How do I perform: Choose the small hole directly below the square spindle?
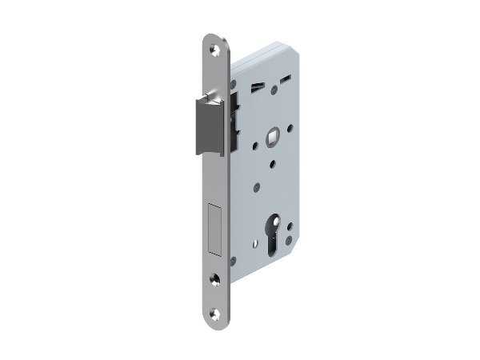(274, 164)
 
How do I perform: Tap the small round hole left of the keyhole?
(256, 188)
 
